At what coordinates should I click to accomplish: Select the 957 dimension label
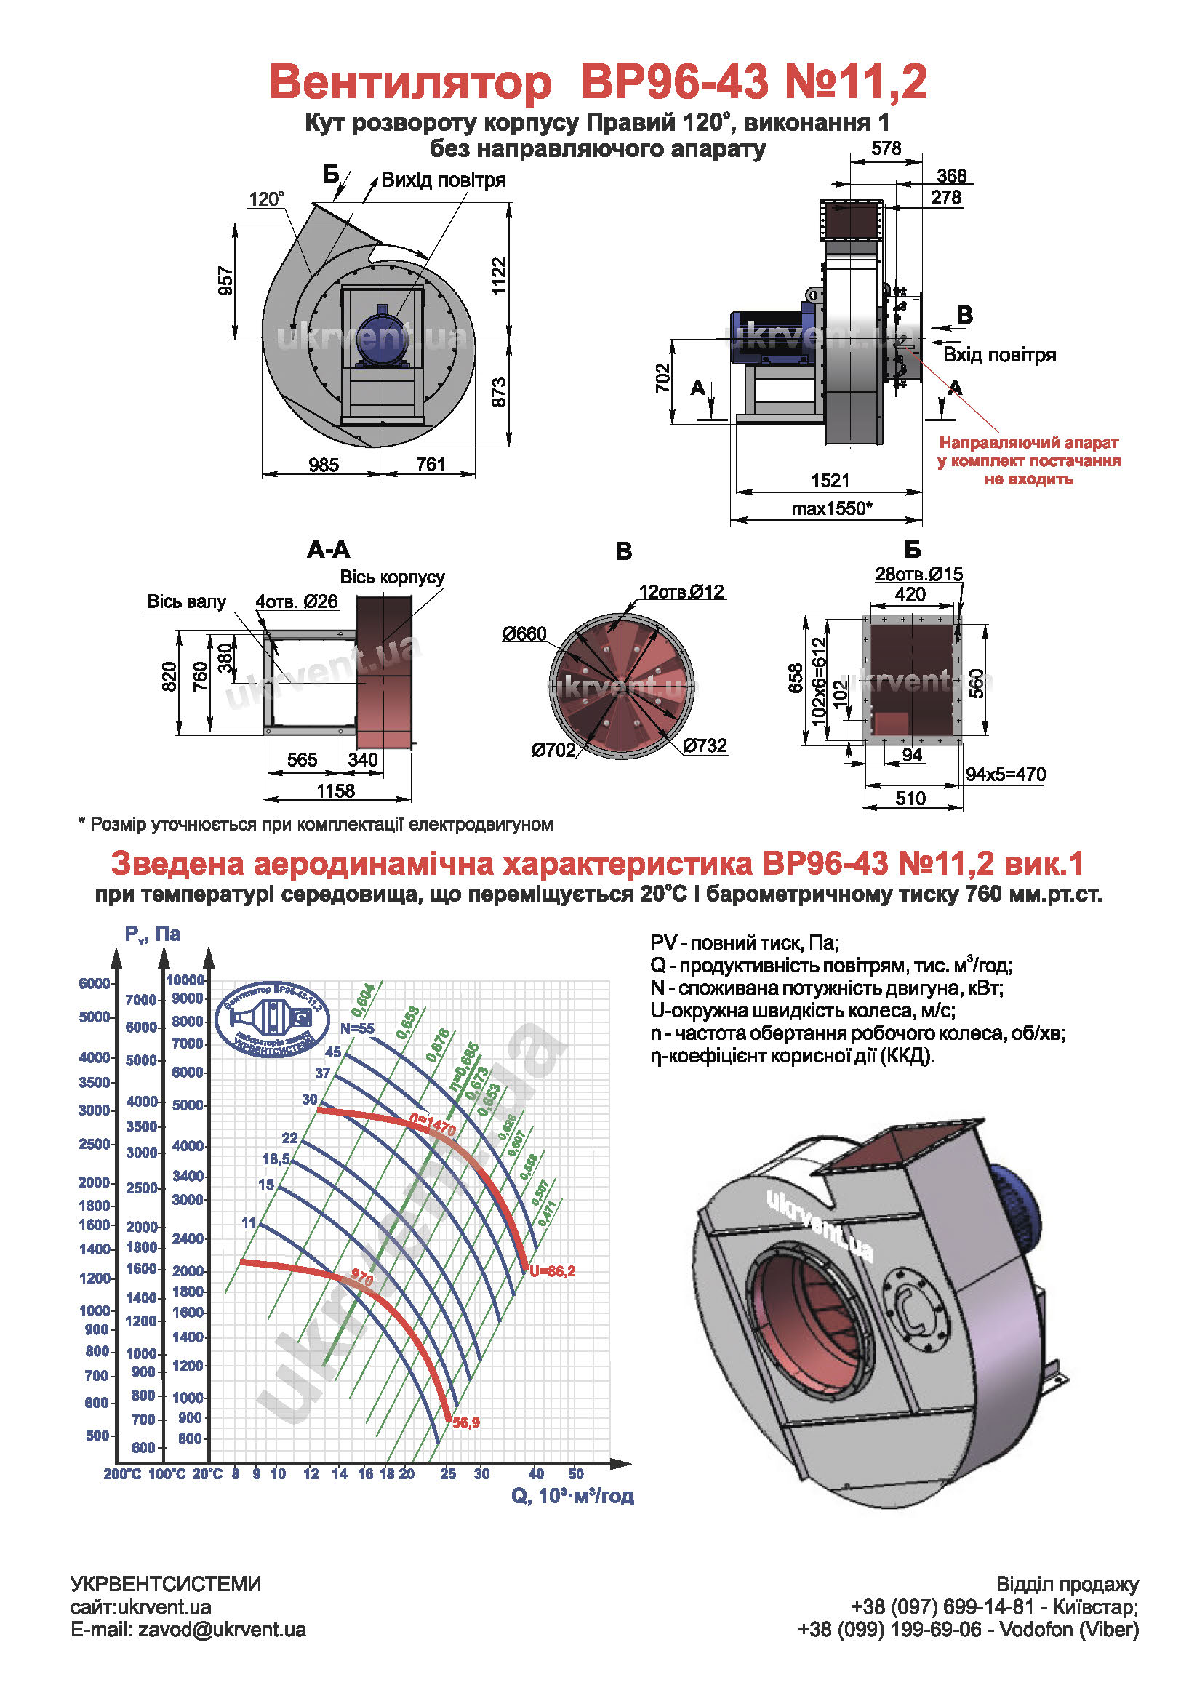coord(226,281)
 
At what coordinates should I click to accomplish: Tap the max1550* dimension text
coord(831,508)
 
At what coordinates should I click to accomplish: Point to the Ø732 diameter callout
coord(705,745)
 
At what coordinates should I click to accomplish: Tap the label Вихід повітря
coord(443,181)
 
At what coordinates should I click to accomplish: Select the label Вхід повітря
coord(998,355)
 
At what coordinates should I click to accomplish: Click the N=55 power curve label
coord(357,1028)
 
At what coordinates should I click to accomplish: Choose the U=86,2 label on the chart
coord(552,1271)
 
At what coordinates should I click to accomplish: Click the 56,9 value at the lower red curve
coord(466,1422)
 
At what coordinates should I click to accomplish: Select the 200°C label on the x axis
coord(121,1474)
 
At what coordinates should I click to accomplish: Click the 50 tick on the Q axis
coord(575,1474)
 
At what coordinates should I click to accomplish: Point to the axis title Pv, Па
coord(152,934)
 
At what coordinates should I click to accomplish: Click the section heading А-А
coord(328,550)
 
